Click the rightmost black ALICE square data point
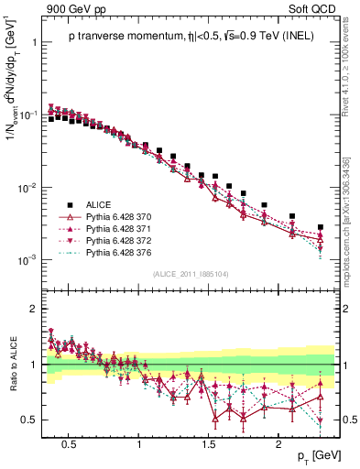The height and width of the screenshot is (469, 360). (321, 227)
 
